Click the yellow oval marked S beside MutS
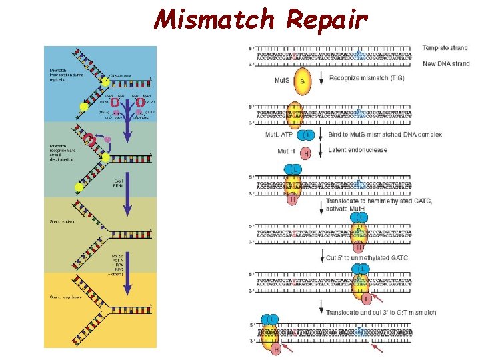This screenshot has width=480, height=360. [x=302, y=80]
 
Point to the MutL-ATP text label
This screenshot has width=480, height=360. [x=279, y=135]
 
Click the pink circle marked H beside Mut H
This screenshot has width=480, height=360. [x=306, y=153]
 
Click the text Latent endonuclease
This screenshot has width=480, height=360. [x=357, y=150]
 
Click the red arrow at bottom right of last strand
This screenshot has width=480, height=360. [x=378, y=347]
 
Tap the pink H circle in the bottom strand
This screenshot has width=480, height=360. [x=275, y=349]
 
